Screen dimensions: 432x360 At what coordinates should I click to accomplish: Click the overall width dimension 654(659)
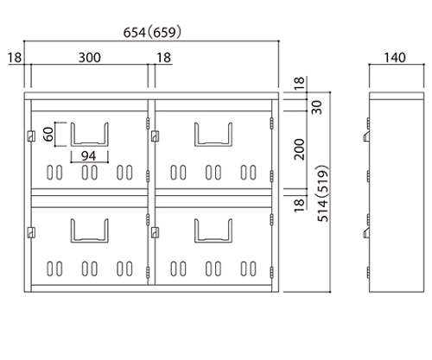tap(152, 32)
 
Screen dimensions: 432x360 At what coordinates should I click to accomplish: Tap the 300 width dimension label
tap(90, 58)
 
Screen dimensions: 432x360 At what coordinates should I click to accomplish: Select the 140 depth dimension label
tap(395, 58)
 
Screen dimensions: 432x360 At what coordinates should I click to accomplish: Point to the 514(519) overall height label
tap(323, 193)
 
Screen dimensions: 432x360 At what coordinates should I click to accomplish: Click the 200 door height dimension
tap(300, 149)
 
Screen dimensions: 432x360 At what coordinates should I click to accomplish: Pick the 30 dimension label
tap(317, 107)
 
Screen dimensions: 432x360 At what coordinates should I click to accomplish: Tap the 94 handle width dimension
tap(88, 156)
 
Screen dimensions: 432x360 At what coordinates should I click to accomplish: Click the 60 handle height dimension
tap(48, 134)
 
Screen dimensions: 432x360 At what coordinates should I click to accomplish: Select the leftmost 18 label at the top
tap(15, 58)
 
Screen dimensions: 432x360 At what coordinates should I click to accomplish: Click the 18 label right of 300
tap(163, 58)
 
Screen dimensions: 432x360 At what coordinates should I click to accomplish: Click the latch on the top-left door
tap(31, 136)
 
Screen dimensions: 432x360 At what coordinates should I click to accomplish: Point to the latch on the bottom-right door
tap(155, 232)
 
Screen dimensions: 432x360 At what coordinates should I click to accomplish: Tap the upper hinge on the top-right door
tap(271, 123)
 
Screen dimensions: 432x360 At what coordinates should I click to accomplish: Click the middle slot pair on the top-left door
tap(90, 173)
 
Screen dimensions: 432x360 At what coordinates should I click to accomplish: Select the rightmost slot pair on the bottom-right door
tap(249, 268)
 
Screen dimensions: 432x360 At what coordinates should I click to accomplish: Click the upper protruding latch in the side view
tap(366, 137)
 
